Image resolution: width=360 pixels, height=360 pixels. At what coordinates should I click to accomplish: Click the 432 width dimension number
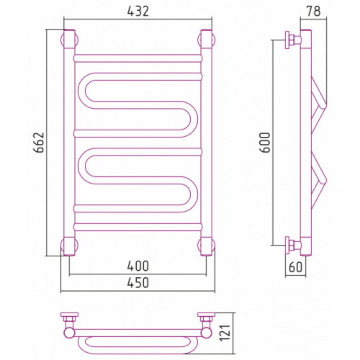[138, 11]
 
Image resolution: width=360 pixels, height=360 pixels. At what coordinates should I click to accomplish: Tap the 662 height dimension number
[39, 143]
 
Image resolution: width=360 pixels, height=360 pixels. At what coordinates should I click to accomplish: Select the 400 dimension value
[138, 266]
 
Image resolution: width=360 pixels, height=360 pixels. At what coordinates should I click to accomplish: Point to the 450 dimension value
[138, 283]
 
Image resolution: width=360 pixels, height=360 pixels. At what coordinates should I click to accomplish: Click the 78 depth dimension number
[313, 11]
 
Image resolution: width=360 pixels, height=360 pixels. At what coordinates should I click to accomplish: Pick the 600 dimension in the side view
[265, 142]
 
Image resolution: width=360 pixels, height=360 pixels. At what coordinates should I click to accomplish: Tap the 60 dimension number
[295, 267]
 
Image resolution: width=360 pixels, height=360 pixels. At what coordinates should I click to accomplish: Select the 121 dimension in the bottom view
[225, 333]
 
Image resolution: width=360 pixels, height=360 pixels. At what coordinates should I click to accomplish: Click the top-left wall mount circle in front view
[70, 40]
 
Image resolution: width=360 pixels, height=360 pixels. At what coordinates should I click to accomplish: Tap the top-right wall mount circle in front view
[206, 40]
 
